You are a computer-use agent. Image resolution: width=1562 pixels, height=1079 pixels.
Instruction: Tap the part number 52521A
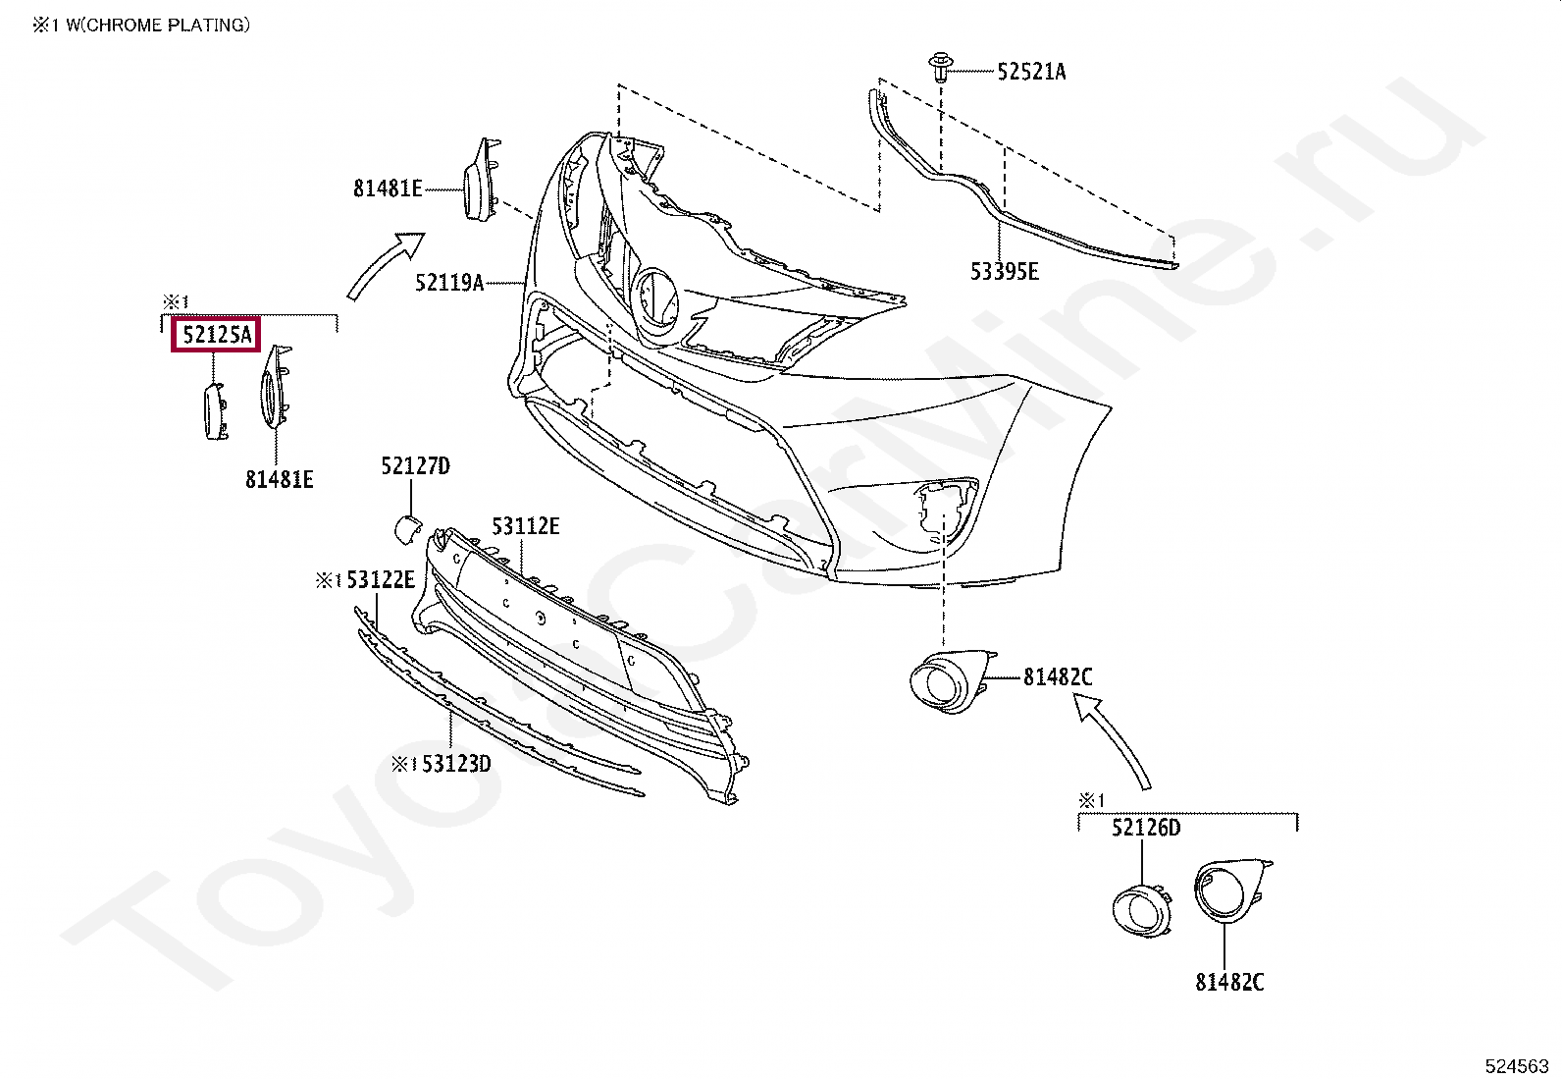point(1031,71)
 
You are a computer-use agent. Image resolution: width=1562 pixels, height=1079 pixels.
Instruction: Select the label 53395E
point(1004,271)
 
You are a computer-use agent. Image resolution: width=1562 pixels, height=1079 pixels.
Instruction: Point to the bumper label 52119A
point(448,283)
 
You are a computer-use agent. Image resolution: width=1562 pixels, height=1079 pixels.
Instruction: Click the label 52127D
point(415,465)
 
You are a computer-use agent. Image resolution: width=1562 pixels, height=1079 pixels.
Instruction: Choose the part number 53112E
point(526,526)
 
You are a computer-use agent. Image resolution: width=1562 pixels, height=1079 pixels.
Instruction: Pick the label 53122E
point(380,580)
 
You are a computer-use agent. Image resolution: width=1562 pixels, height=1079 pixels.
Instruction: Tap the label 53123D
point(456,763)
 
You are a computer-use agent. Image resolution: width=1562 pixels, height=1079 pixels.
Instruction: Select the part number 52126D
point(1146,828)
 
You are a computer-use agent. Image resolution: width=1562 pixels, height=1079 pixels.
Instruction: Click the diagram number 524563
point(1517,1065)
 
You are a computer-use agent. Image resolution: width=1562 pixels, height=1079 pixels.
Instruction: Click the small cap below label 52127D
point(406,528)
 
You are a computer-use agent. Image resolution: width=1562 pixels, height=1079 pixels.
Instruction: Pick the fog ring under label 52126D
point(1142,908)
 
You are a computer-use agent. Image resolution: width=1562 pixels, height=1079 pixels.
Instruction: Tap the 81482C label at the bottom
point(1229,981)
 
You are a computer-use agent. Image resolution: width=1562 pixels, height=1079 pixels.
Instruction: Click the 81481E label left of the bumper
point(388,188)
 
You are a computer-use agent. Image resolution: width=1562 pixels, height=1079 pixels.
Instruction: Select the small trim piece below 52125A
point(214,411)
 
